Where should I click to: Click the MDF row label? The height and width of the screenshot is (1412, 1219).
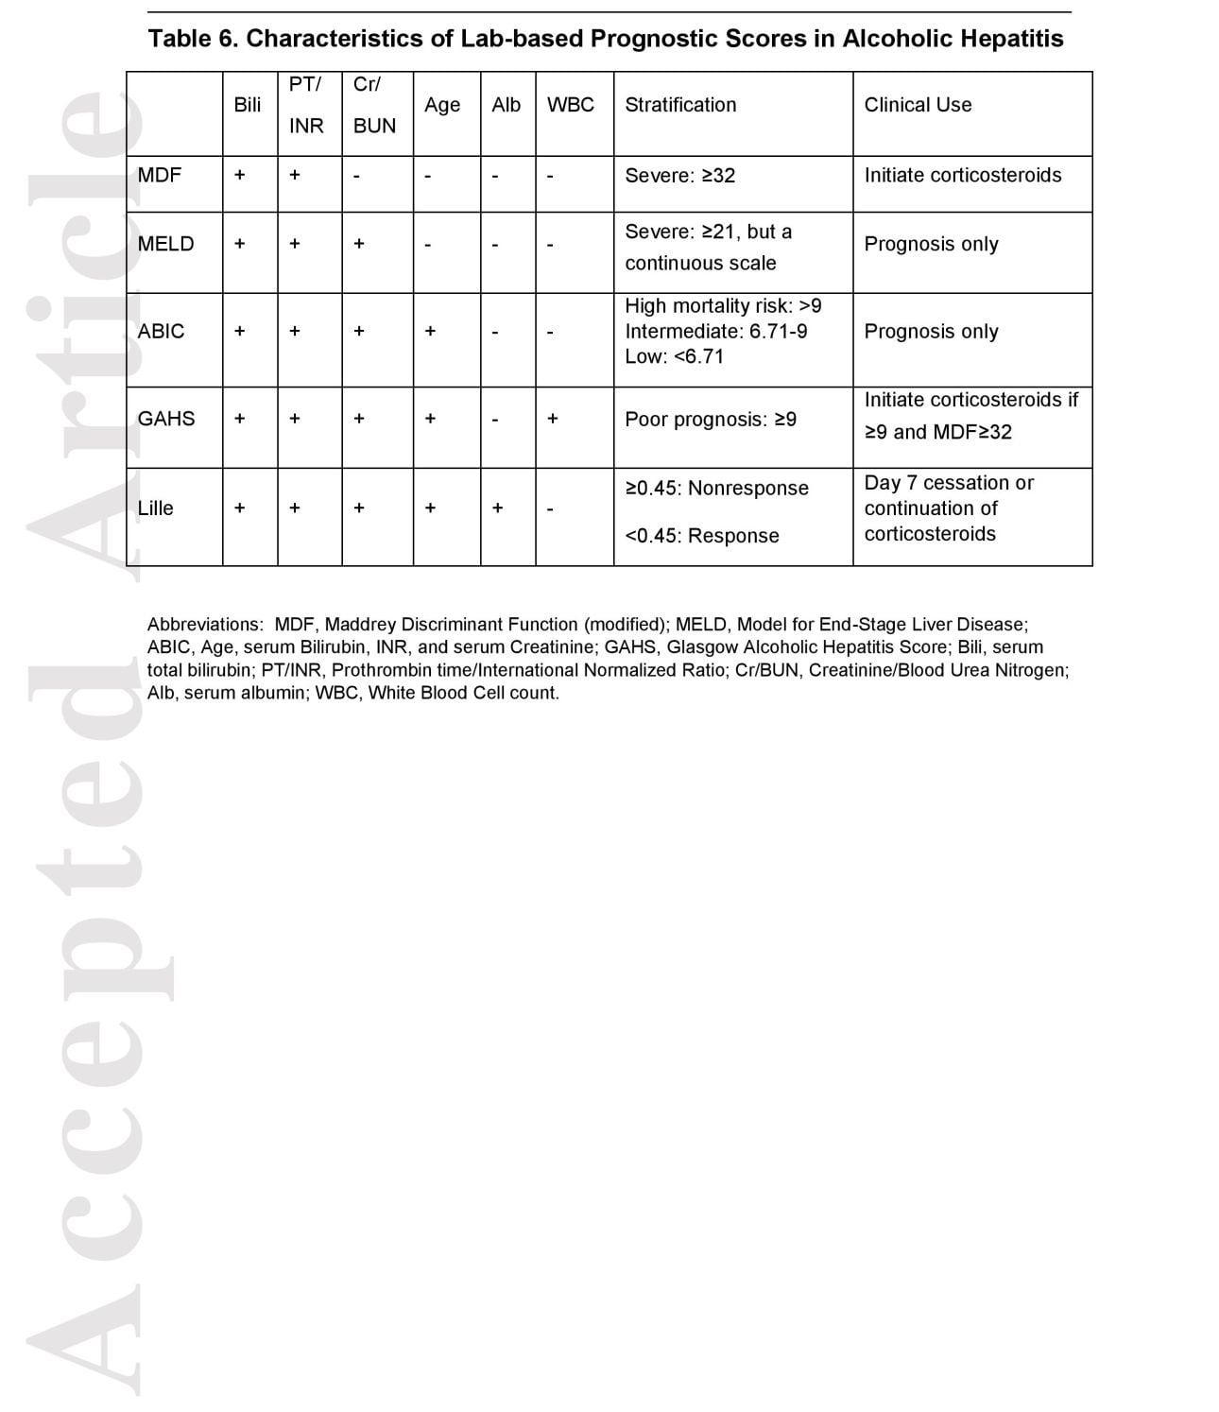[159, 175]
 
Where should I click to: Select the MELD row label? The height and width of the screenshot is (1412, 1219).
[165, 244]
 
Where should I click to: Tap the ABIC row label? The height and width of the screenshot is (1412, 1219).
[161, 332]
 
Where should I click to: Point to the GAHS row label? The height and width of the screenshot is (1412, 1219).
[166, 419]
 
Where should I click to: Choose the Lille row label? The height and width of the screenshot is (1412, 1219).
[156, 508]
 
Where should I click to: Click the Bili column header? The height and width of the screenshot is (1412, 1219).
[247, 105]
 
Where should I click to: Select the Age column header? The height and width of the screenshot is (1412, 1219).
[442, 105]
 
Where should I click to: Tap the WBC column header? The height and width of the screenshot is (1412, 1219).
[571, 105]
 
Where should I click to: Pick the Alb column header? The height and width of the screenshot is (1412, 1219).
[506, 105]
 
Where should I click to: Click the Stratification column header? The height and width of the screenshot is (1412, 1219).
[680, 105]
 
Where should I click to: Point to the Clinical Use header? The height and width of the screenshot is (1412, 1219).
[918, 105]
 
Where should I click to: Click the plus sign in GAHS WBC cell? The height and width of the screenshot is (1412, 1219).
[553, 418]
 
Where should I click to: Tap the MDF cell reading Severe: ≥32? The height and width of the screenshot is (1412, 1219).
[679, 176]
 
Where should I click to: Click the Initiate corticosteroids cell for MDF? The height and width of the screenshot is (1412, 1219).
[963, 175]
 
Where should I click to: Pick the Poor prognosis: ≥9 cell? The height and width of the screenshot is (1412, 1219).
[711, 420]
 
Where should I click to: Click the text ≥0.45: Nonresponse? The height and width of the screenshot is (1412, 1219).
[716, 489]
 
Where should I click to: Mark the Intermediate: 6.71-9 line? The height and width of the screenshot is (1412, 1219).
[715, 332]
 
